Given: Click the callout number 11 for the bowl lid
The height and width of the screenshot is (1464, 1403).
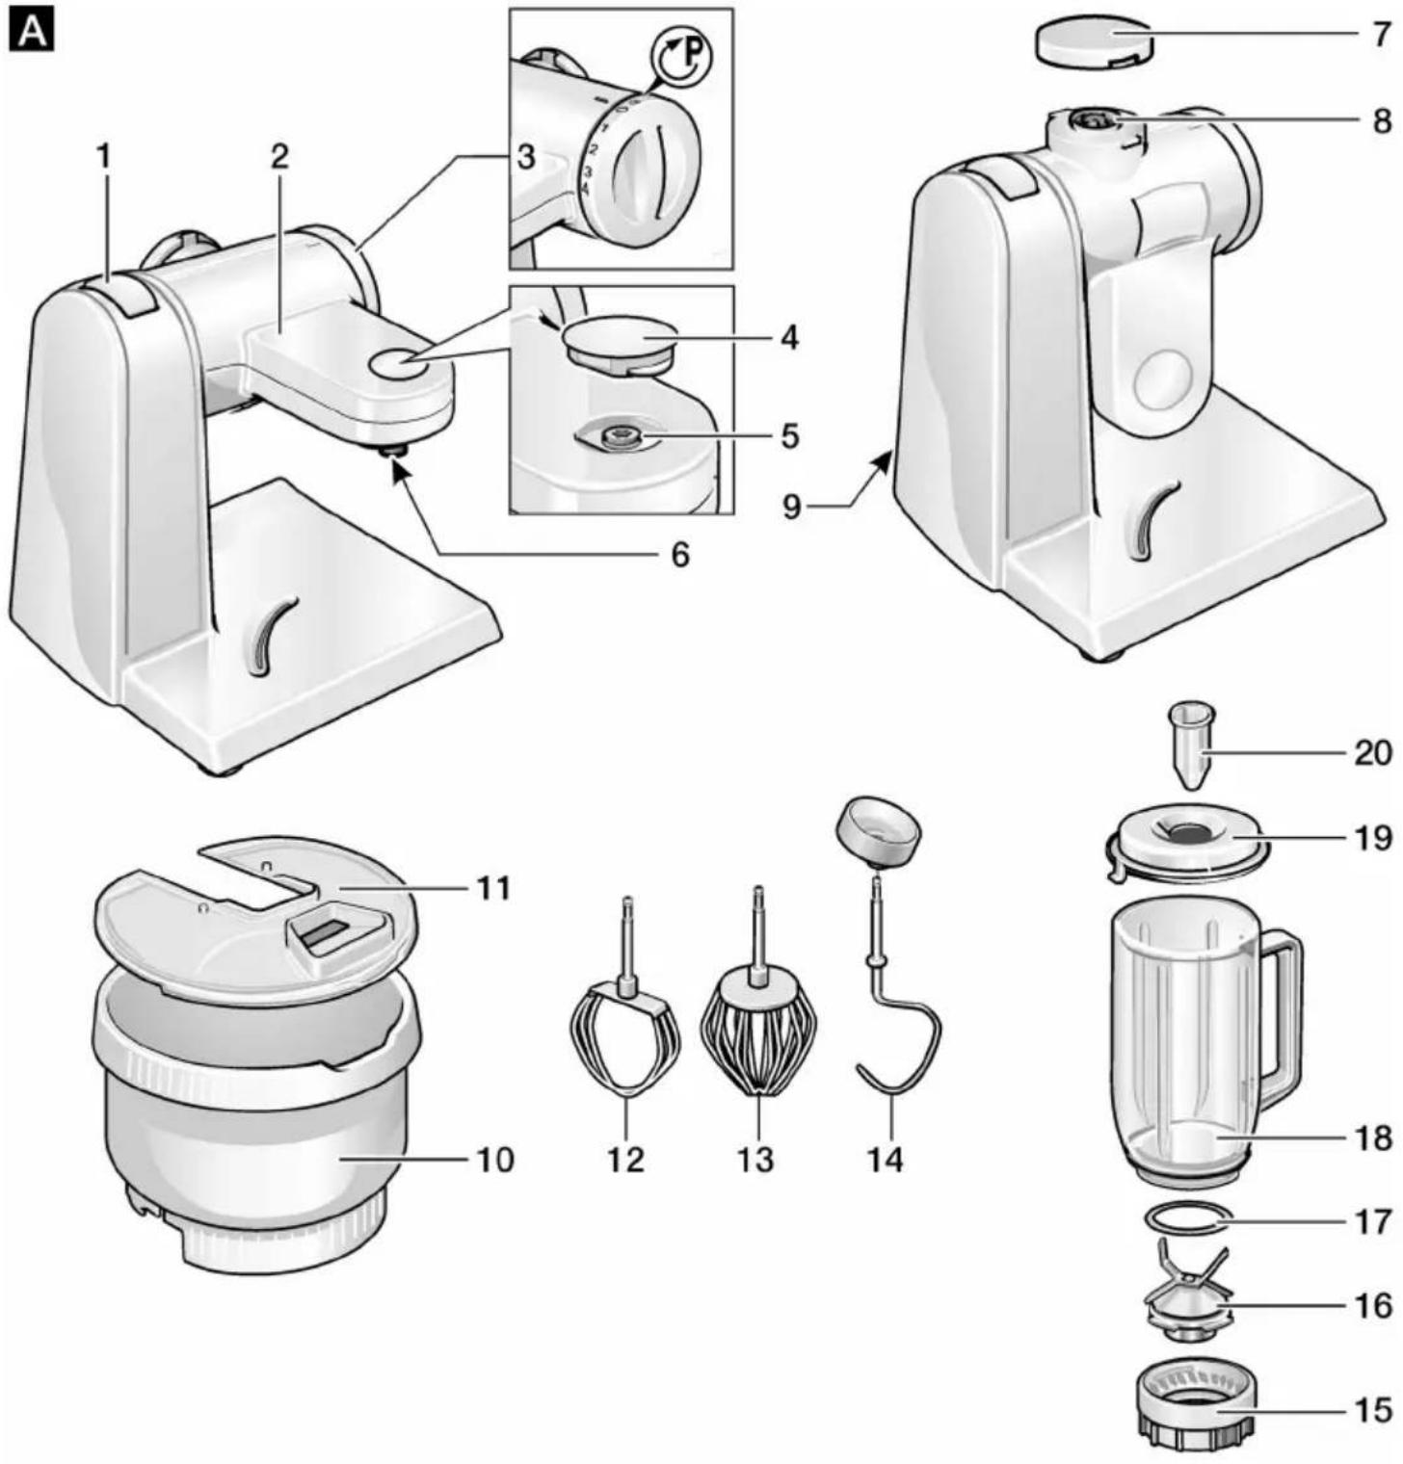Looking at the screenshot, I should (x=493, y=887).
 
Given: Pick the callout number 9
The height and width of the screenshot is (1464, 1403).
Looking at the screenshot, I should (x=791, y=505).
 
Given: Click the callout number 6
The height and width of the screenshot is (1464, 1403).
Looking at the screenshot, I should (x=679, y=555).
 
